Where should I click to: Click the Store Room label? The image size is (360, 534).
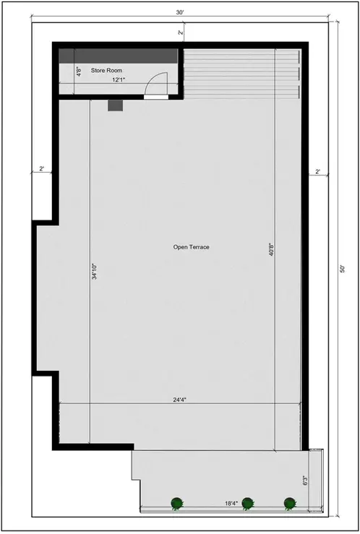(106, 71)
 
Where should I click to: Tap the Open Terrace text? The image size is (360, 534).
(191, 247)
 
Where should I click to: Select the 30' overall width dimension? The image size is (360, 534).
(180, 12)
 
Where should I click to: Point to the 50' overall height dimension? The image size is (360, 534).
(343, 269)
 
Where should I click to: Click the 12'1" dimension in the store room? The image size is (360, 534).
(119, 79)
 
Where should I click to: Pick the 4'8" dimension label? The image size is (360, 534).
(79, 72)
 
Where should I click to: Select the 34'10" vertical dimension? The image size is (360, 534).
(95, 272)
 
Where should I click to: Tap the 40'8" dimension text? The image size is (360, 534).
(272, 249)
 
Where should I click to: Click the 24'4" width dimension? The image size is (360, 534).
(180, 400)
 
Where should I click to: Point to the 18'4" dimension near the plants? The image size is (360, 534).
(231, 503)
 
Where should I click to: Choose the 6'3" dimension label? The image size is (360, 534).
(306, 481)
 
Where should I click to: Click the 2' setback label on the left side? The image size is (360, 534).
(41, 169)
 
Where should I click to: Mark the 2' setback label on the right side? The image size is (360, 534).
(318, 172)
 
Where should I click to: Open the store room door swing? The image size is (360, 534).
(156, 84)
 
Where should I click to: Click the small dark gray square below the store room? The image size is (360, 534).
(115, 105)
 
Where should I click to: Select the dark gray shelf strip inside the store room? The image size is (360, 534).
(118, 56)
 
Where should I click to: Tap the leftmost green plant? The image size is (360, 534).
(176, 503)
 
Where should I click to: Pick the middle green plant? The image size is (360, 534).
(247, 503)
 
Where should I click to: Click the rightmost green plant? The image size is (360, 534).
(289, 503)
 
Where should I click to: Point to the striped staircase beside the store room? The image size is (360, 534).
(242, 74)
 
